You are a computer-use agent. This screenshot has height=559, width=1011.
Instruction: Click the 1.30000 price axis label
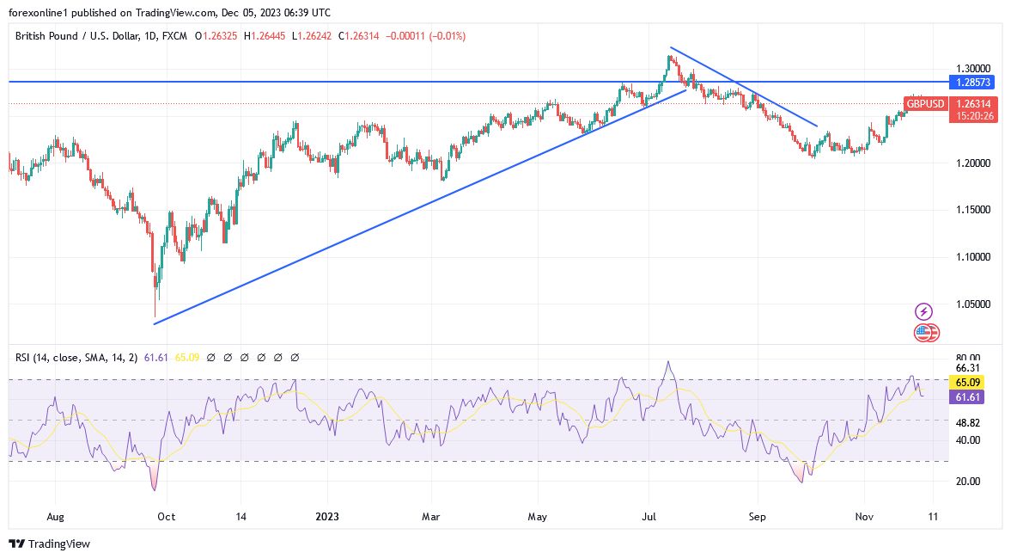(x=974, y=68)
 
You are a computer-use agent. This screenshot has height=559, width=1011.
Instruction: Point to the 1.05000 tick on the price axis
(x=974, y=304)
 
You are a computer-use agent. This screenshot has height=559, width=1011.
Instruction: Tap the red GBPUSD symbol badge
(x=924, y=104)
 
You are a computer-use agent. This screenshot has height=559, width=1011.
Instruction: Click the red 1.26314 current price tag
(x=974, y=104)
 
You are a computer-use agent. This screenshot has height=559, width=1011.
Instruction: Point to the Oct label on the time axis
(x=166, y=517)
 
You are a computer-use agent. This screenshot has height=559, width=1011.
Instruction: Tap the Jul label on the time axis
(x=649, y=517)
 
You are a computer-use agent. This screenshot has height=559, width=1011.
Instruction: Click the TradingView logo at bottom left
(x=49, y=544)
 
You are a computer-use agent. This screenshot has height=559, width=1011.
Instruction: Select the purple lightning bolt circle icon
(x=924, y=311)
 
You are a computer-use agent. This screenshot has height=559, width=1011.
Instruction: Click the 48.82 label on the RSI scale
(x=968, y=423)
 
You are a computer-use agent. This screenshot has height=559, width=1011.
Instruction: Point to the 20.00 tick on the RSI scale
(x=968, y=481)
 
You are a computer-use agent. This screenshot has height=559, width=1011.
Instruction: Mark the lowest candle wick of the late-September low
(x=155, y=315)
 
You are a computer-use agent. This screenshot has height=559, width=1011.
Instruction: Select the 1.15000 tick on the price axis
(x=974, y=210)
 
